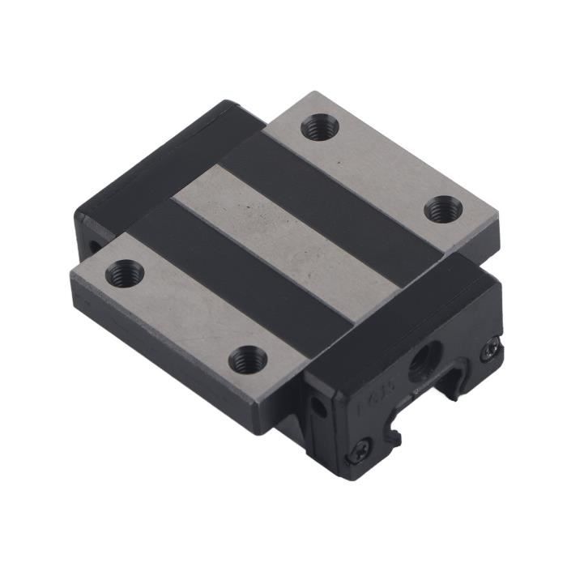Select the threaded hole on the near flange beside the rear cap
(x=125, y=273)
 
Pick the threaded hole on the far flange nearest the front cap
(x=443, y=209)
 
